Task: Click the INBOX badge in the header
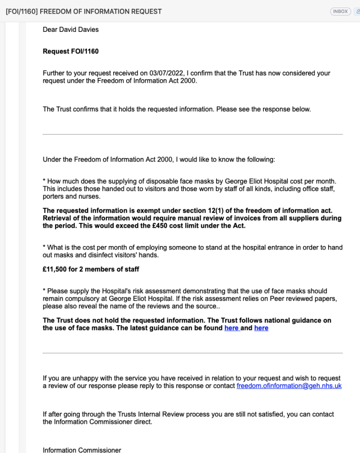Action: point(340,12)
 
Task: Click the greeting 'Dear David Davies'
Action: point(70,30)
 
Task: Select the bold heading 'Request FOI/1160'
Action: point(70,51)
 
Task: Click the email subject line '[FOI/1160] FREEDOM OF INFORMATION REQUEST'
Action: point(84,12)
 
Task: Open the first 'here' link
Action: point(232,328)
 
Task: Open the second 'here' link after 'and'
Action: point(261,328)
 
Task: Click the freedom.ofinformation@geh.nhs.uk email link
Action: point(289,386)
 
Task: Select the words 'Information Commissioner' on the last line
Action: point(81,450)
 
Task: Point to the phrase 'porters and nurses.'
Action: point(72,196)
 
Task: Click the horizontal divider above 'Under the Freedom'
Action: point(193,134)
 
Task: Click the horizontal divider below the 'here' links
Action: point(193,353)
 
